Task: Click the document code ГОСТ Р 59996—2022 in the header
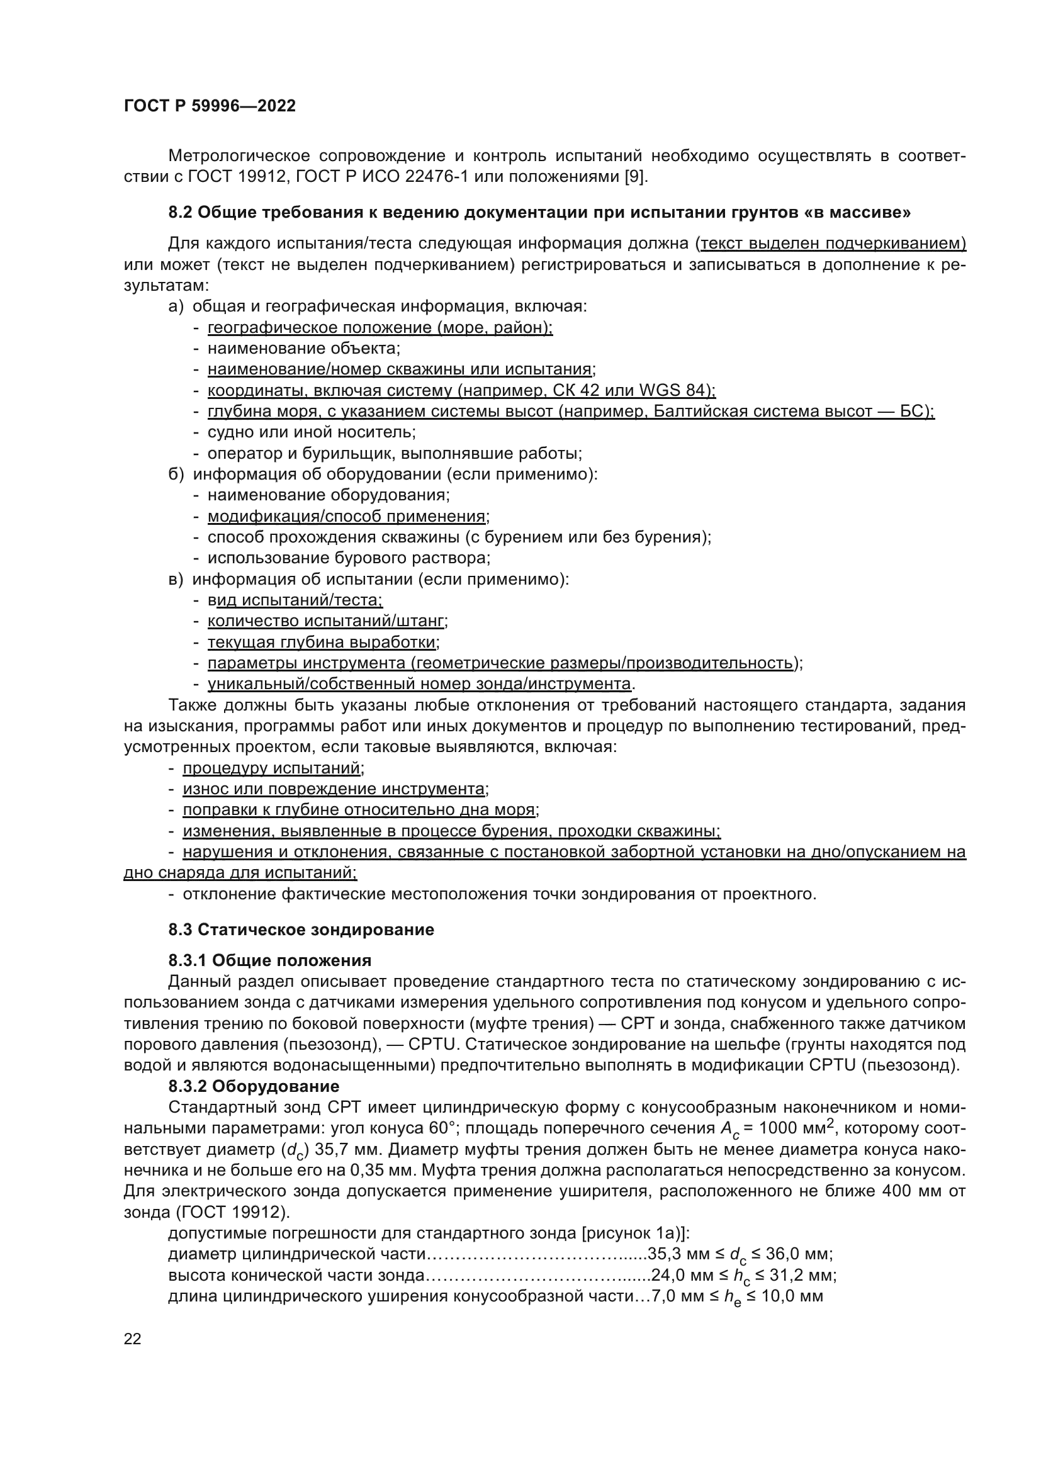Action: click(210, 106)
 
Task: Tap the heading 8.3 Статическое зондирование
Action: click(301, 930)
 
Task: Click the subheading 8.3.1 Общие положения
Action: click(270, 960)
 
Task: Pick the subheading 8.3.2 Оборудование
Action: click(254, 1086)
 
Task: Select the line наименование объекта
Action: click(303, 349)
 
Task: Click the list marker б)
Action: click(176, 475)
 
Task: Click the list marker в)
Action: click(176, 580)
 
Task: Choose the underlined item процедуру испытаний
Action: click(273, 768)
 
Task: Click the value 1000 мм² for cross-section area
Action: click(797, 1129)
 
